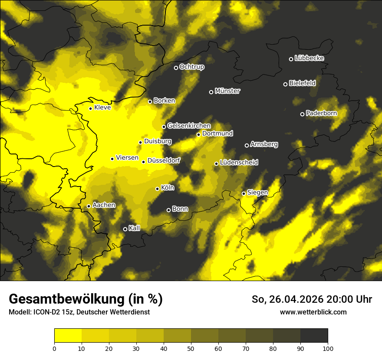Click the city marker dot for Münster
(211, 92)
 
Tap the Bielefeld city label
(303, 83)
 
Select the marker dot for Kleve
(90, 108)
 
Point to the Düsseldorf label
(164, 160)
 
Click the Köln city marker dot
(157, 189)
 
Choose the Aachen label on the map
(104, 205)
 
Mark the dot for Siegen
(244, 193)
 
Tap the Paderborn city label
(321, 114)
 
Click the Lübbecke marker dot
(291, 59)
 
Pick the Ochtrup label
(191, 67)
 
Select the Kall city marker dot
(125, 229)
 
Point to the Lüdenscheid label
(239, 163)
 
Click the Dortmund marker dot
(198, 134)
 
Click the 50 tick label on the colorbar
(191, 348)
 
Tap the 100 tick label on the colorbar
(328, 348)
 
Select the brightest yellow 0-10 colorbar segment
(68, 336)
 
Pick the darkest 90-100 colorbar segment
(314, 336)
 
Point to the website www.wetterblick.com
(313, 312)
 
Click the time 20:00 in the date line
(339, 299)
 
